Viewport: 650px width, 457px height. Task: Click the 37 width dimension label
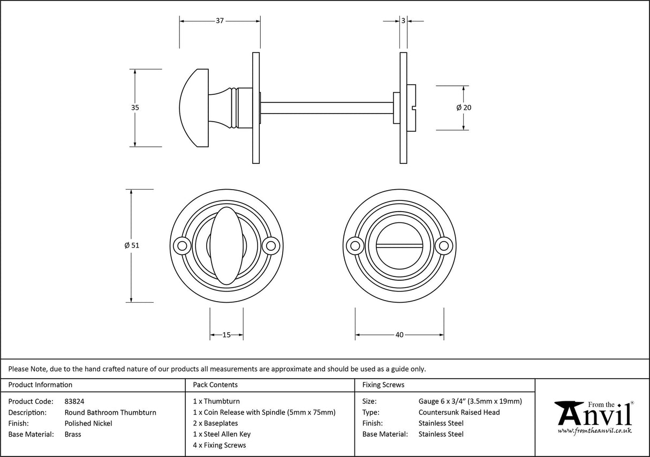point(220,21)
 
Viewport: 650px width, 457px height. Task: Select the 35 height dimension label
point(135,108)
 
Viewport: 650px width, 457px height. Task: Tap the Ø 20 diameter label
point(464,108)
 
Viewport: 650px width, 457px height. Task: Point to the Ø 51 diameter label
point(131,245)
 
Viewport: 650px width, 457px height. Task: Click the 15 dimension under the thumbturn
point(226,335)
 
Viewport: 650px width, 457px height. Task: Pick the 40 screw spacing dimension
point(399,335)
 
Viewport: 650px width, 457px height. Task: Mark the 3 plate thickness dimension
point(403,21)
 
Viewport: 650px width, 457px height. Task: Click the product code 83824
point(74,401)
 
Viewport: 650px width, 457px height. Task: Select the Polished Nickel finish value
point(88,423)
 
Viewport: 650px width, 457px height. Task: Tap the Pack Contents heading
point(215,385)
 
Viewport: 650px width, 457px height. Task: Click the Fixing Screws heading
point(383,385)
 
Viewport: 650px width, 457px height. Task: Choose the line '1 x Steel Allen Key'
point(222,434)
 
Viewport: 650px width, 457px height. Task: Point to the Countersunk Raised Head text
point(459,413)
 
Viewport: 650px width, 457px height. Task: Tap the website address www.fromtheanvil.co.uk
point(594,430)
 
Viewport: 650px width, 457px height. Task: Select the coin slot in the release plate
point(399,246)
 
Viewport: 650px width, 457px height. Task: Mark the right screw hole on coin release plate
point(443,246)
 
